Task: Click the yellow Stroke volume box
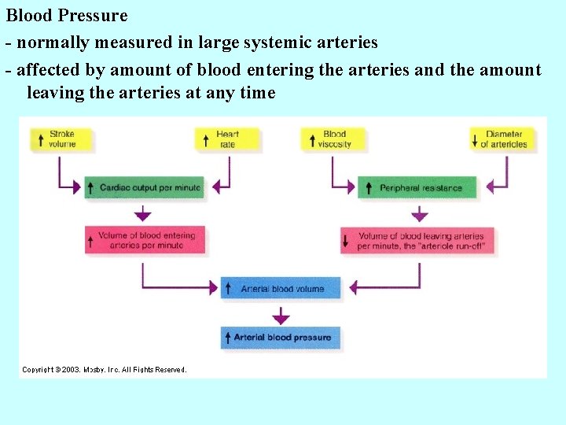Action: (62, 139)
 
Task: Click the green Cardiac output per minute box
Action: (144, 188)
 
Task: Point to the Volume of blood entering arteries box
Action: (145, 240)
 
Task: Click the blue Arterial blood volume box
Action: (281, 288)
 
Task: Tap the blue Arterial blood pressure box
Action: (281, 338)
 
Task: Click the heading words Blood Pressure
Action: (67, 16)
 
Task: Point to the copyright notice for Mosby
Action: (105, 369)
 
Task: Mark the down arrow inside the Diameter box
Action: (475, 139)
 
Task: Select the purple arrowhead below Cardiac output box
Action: (142, 215)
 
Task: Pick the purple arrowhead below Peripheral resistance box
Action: (420, 215)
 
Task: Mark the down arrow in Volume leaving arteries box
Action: (346, 241)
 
